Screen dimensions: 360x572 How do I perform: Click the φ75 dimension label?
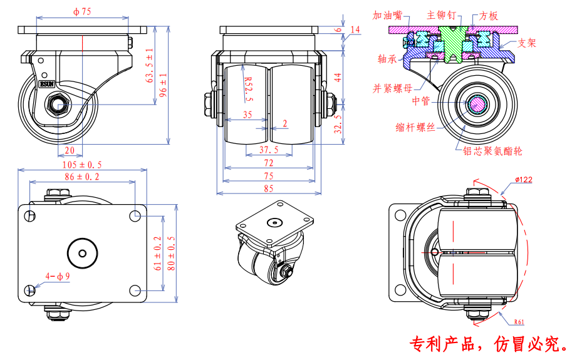click(83, 11)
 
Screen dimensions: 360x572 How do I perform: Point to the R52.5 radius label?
click(247, 87)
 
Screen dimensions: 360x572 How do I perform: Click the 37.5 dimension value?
click(269, 150)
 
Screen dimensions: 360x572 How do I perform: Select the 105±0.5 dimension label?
click(82, 164)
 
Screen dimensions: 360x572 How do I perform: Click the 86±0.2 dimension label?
click(82, 177)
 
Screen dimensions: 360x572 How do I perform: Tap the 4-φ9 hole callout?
click(57, 275)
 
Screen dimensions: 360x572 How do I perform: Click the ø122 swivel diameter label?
click(524, 180)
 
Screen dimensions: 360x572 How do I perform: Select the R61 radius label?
click(519, 322)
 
